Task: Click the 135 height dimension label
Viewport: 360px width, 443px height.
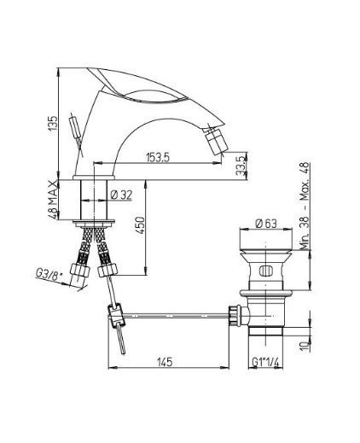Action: pyautogui.click(x=53, y=123)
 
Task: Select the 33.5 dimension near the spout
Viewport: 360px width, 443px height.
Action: pyautogui.click(x=241, y=166)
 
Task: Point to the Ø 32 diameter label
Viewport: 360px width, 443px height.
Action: pyautogui.click(x=121, y=195)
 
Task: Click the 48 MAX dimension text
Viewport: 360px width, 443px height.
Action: pyautogui.click(x=53, y=200)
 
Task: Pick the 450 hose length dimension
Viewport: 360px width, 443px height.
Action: pyautogui.click(x=140, y=225)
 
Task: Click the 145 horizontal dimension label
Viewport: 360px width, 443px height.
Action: pyautogui.click(x=165, y=362)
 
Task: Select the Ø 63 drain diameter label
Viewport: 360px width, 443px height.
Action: pyautogui.click(x=266, y=224)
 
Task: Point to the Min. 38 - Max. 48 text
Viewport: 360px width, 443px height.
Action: pyautogui.click(x=305, y=207)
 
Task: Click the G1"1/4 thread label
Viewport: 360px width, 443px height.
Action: pyautogui.click(x=265, y=362)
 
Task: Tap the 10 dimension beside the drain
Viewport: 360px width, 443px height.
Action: pyautogui.click(x=305, y=346)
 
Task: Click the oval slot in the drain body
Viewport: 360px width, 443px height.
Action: pyautogui.click(x=266, y=271)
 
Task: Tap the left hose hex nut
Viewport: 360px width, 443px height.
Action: pyautogui.click(x=80, y=270)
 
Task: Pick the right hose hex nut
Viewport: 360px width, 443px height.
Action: pyautogui.click(x=107, y=270)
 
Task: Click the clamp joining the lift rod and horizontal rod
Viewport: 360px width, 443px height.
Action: pyautogui.click(x=116, y=314)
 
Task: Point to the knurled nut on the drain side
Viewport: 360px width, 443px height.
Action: pyautogui.click(x=234, y=315)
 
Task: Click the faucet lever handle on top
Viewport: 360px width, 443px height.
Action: pyautogui.click(x=137, y=85)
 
